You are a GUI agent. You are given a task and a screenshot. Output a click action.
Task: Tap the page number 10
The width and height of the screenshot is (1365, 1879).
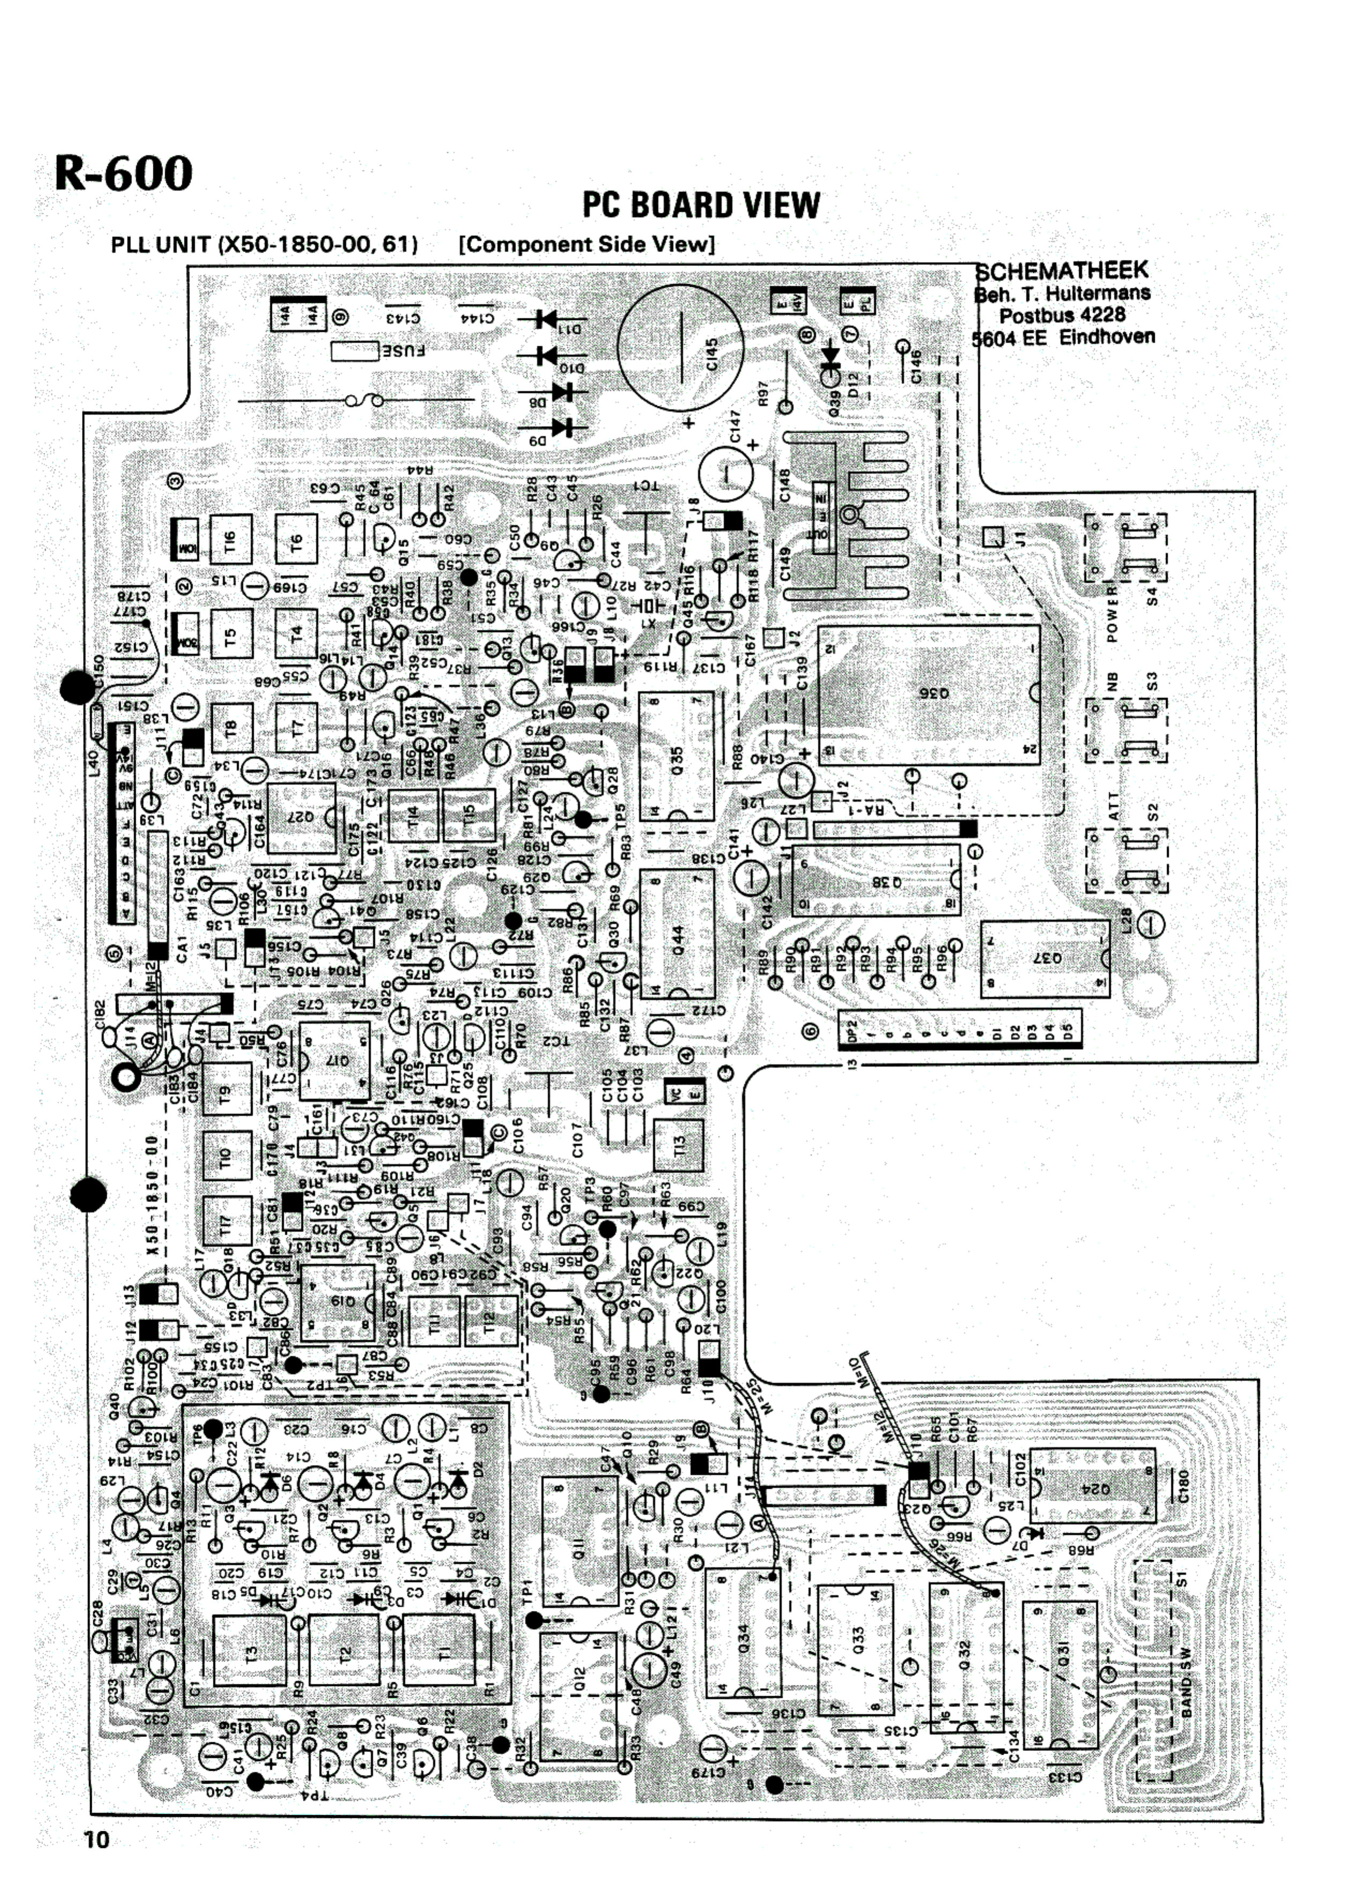pyautogui.click(x=96, y=1839)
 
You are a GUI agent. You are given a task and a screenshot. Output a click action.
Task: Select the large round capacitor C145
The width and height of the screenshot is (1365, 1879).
pyautogui.click(x=681, y=347)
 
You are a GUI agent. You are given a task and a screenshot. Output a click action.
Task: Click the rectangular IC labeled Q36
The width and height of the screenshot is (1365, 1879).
pyautogui.click(x=928, y=694)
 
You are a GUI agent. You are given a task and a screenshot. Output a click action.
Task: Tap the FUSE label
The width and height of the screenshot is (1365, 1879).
pyautogui.click(x=404, y=351)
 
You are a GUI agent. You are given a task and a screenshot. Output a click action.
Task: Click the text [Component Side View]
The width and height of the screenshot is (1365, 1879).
pyautogui.click(x=587, y=244)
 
